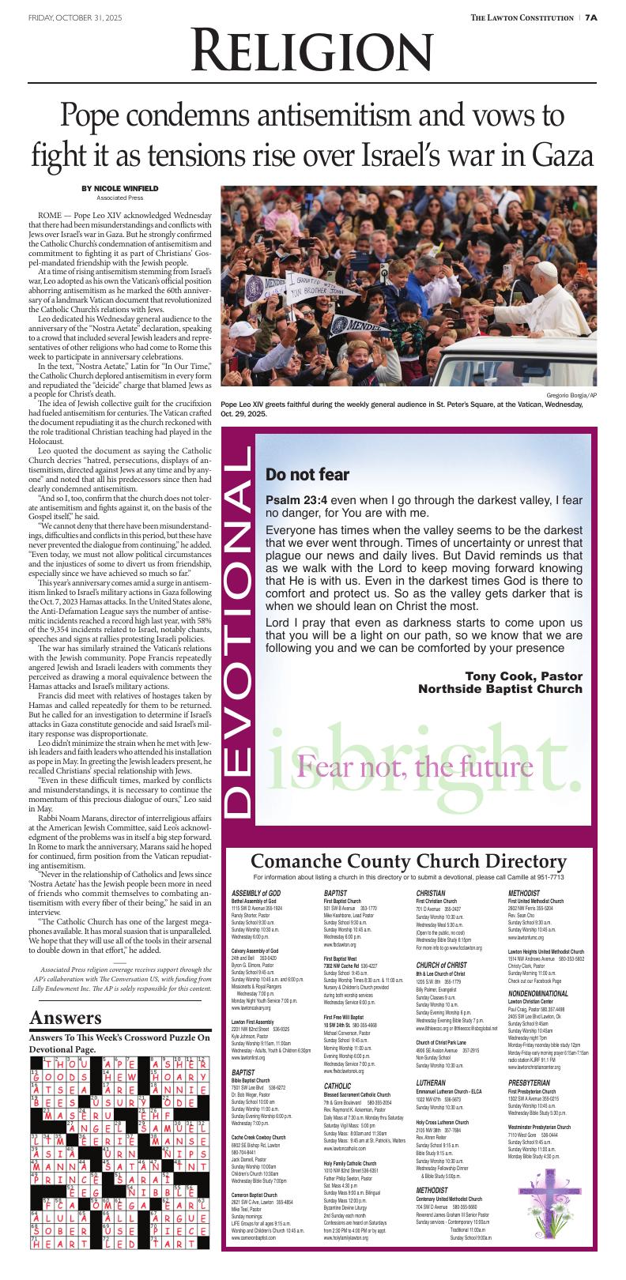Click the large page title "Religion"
tap(311, 54)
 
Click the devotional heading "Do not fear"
tap(307, 475)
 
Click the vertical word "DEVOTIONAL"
tap(239, 631)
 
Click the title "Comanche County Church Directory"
tap(408, 861)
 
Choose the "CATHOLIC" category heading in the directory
tap(338, 1086)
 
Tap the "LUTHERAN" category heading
tap(432, 1082)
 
